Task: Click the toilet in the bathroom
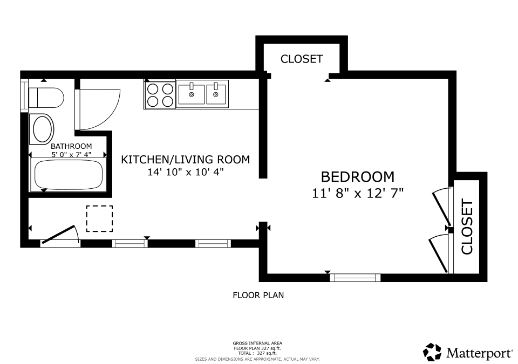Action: coord(46,98)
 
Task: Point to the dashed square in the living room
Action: coord(99,218)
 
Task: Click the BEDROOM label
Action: coord(358,176)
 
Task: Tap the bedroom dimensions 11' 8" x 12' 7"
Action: coord(358,193)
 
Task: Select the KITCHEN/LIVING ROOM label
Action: coord(186,160)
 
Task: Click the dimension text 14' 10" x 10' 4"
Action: coord(186,173)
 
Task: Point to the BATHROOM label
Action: coord(71,146)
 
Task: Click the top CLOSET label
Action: coord(302,59)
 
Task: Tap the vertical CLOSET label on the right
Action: coord(467,226)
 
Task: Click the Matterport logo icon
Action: coord(433,352)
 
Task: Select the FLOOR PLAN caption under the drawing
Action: coord(258,295)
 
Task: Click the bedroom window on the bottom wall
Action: coord(355,278)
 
